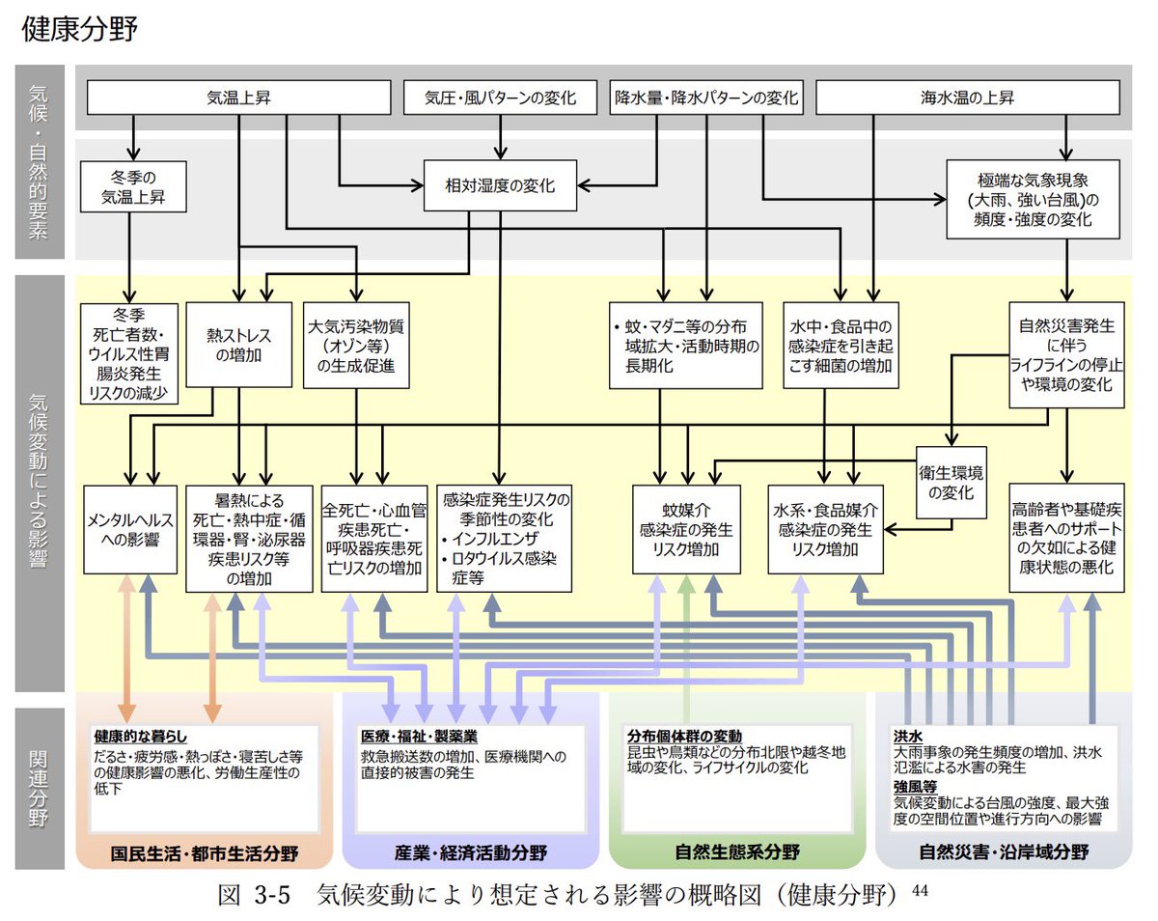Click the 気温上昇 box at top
click(x=238, y=98)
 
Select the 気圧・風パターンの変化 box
click(x=501, y=98)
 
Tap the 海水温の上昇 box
click(x=967, y=98)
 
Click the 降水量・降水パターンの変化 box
click(x=707, y=98)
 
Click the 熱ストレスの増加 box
click(x=238, y=346)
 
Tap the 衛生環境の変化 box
click(x=951, y=480)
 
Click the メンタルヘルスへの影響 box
click(x=130, y=538)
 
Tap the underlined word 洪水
click(x=908, y=736)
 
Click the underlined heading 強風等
click(x=916, y=787)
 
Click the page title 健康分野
click(x=79, y=29)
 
